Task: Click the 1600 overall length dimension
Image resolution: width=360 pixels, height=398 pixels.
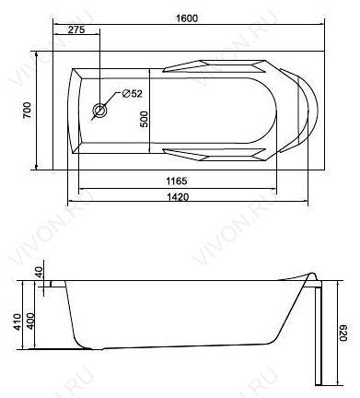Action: point(187,18)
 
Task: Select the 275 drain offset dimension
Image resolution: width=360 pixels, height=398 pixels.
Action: point(76,29)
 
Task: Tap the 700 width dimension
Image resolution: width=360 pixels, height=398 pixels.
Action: point(27,110)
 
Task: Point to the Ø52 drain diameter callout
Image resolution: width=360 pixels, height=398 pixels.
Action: point(133,93)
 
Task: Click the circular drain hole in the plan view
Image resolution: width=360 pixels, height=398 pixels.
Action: point(100,111)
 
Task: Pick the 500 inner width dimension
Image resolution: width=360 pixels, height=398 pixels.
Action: point(144,119)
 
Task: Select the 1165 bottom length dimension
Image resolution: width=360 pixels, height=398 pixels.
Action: point(177,181)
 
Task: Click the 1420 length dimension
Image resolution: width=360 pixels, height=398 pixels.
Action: point(178,196)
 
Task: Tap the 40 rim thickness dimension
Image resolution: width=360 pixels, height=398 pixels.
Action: point(40,272)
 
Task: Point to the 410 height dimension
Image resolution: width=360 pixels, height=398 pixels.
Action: point(17,322)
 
